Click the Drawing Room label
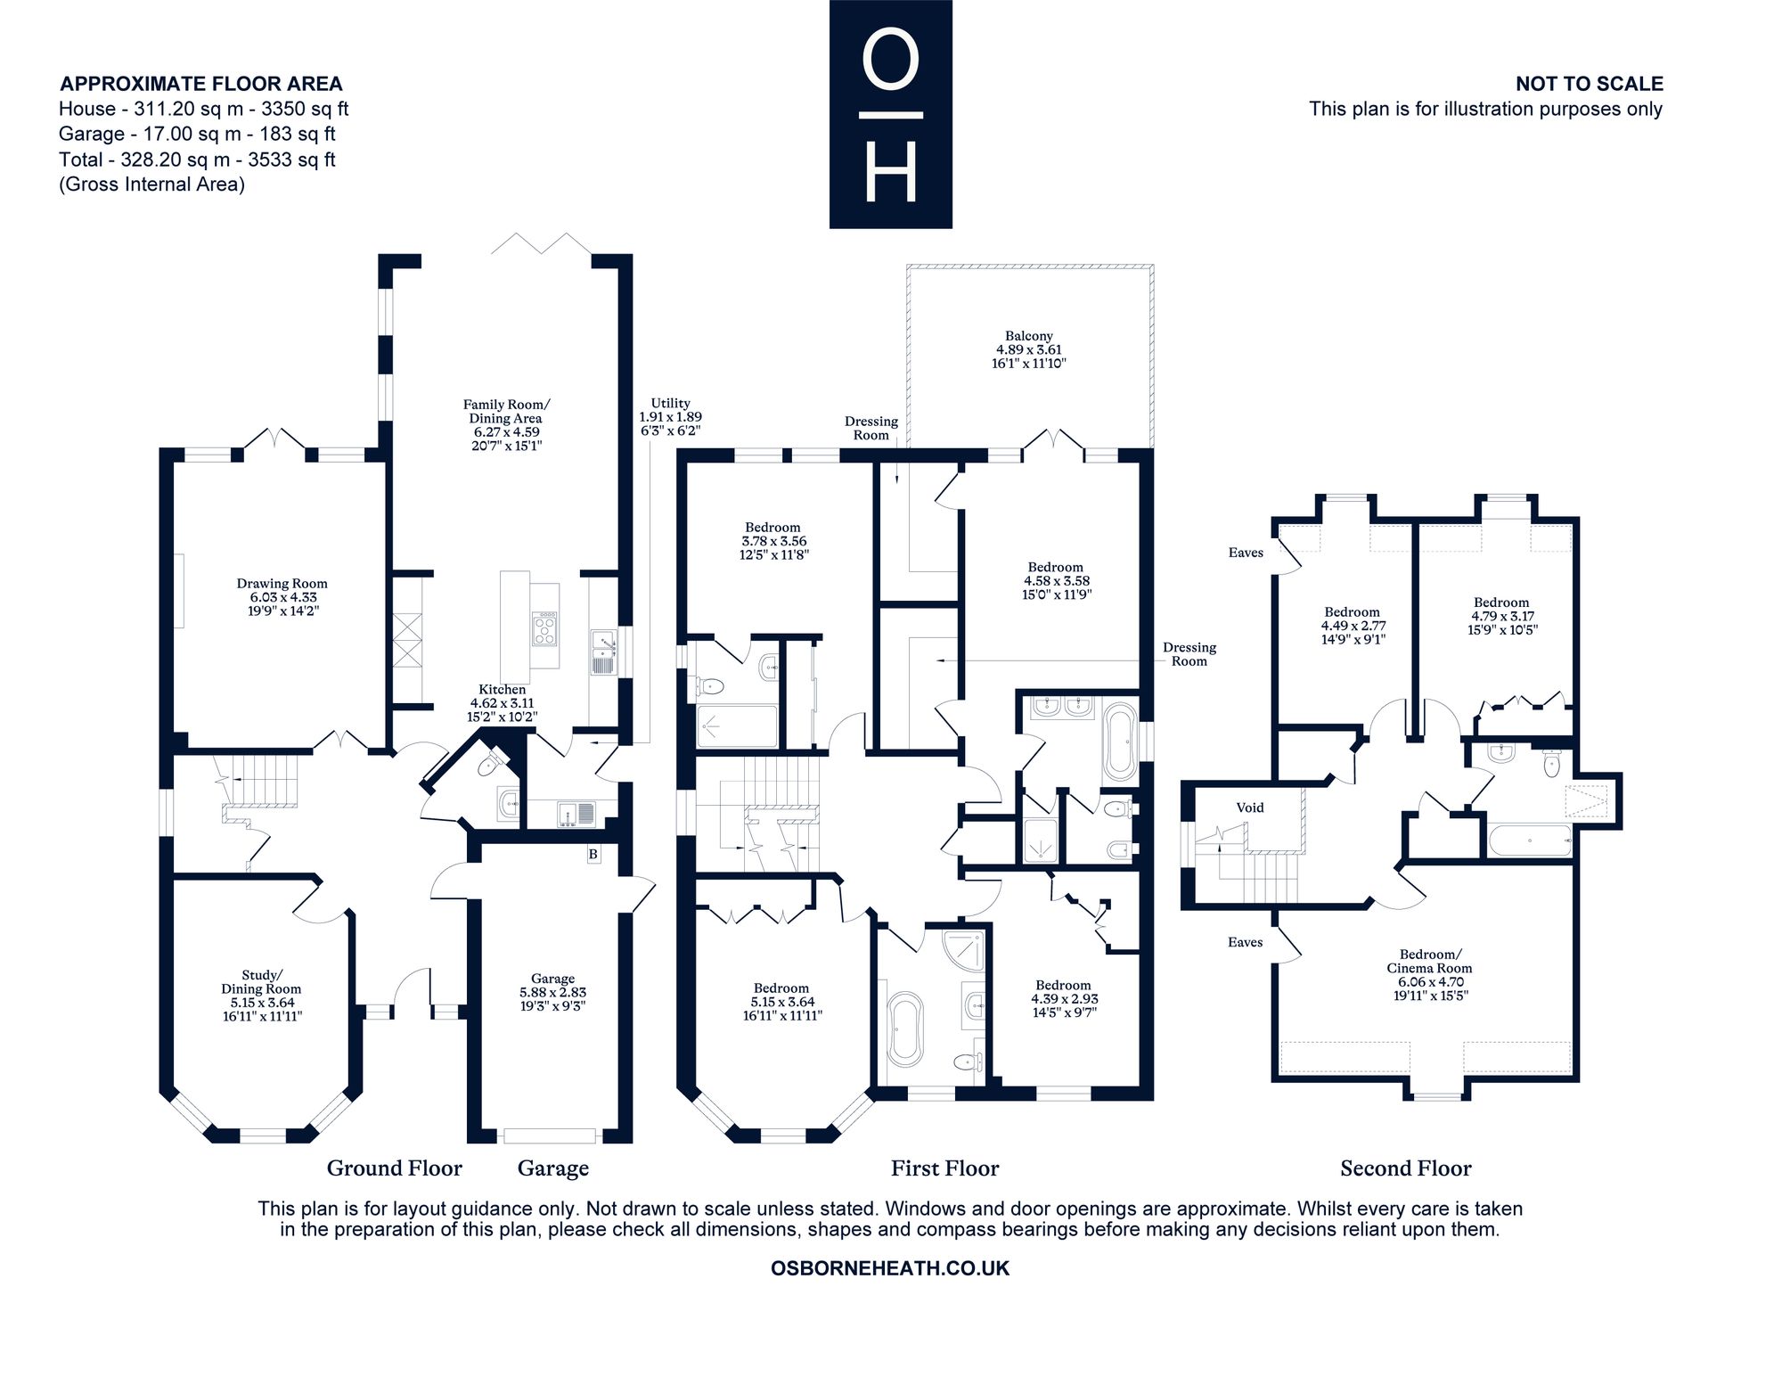[282, 597]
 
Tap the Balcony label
[1029, 349]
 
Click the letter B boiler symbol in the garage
[593, 854]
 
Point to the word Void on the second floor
[1250, 807]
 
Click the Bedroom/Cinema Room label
[1429, 974]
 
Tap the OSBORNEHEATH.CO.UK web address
[890, 1268]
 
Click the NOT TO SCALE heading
[1590, 84]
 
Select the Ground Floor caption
[395, 1168]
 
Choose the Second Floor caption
[1406, 1168]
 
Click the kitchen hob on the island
[544, 627]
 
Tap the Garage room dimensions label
[552, 992]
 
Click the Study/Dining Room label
[261, 995]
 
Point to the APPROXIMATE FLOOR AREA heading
[201, 84]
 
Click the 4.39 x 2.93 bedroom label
[1064, 998]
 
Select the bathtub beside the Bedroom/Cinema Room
[1528, 840]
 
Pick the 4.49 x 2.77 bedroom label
[1352, 626]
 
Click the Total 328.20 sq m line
[197, 160]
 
